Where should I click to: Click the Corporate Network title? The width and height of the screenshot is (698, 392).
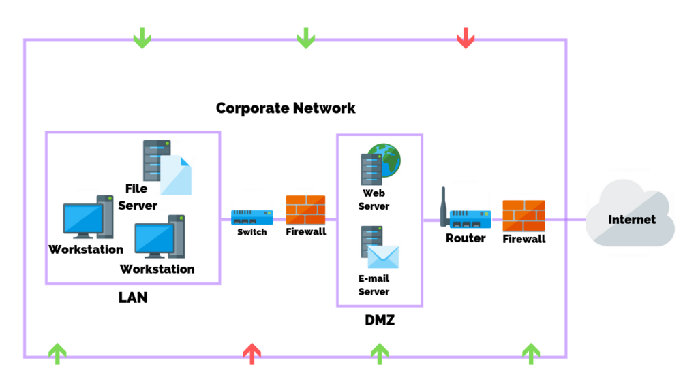tap(286, 108)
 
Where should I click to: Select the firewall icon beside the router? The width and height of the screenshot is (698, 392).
tap(523, 216)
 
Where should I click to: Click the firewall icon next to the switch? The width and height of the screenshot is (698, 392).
tap(305, 210)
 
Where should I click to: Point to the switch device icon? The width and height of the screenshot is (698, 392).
tap(252, 217)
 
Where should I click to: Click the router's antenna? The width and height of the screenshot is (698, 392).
tap(444, 205)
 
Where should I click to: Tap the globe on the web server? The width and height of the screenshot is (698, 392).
tap(384, 160)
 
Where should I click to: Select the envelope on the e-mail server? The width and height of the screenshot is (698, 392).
tap(383, 257)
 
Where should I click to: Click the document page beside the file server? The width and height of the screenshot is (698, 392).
tap(177, 176)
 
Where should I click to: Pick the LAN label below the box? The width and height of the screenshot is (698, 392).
tap(133, 297)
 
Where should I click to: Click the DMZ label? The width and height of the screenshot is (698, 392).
tap(380, 318)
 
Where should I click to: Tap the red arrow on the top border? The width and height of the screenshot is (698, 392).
tap(466, 37)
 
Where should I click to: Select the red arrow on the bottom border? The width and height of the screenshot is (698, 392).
tap(252, 353)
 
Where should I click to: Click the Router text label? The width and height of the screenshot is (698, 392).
tap(466, 238)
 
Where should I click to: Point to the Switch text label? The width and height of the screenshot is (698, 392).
tap(252, 232)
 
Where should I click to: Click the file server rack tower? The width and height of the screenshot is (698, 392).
tap(156, 160)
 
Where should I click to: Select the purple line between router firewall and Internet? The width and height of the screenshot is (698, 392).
tap(566, 220)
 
